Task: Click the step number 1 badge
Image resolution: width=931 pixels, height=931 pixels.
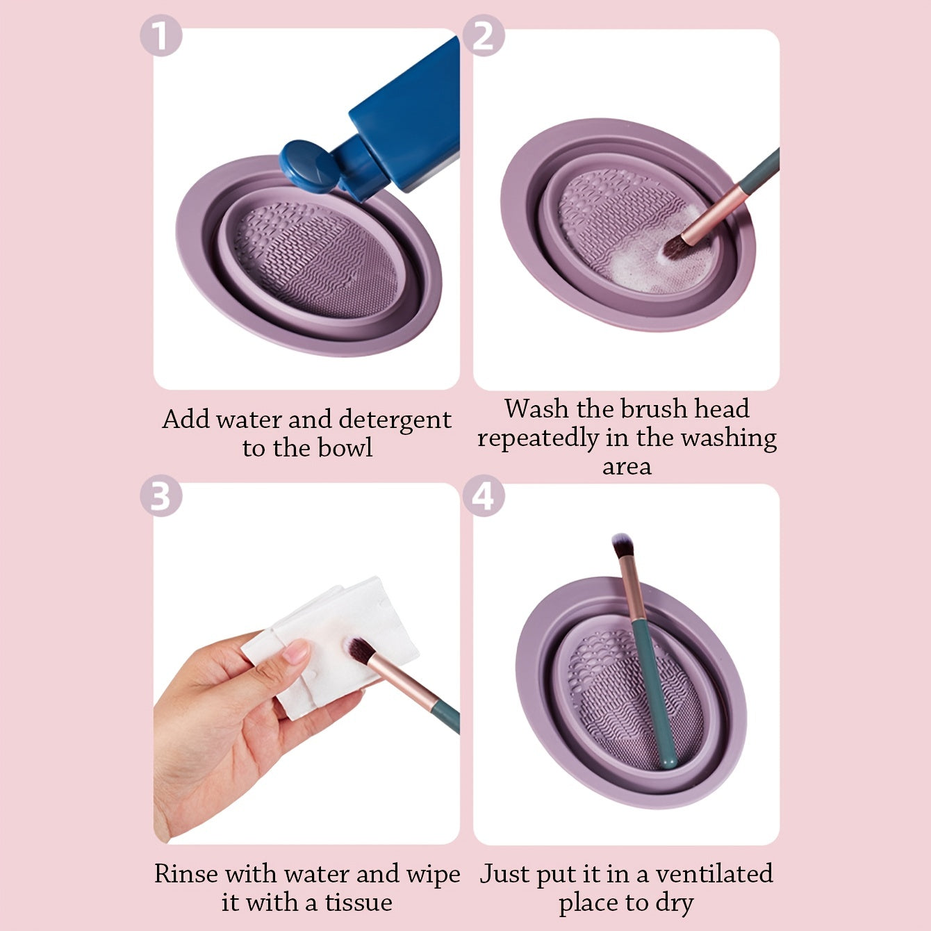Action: (x=161, y=37)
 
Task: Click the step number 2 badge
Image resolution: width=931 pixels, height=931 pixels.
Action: (x=484, y=37)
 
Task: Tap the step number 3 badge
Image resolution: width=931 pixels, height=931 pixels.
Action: (x=161, y=496)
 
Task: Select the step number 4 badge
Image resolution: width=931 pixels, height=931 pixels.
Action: (x=484, y=496)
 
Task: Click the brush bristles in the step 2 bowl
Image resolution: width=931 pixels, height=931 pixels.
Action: (x=673, y=247)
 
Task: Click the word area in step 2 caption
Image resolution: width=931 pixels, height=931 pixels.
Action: (x=626, y=467)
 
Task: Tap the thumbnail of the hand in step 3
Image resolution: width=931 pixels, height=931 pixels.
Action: (x=297, y=652)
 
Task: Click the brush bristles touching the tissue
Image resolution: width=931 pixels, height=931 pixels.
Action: (x=359, y=650)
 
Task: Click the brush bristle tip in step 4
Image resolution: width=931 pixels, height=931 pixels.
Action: (x=622, y=545)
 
